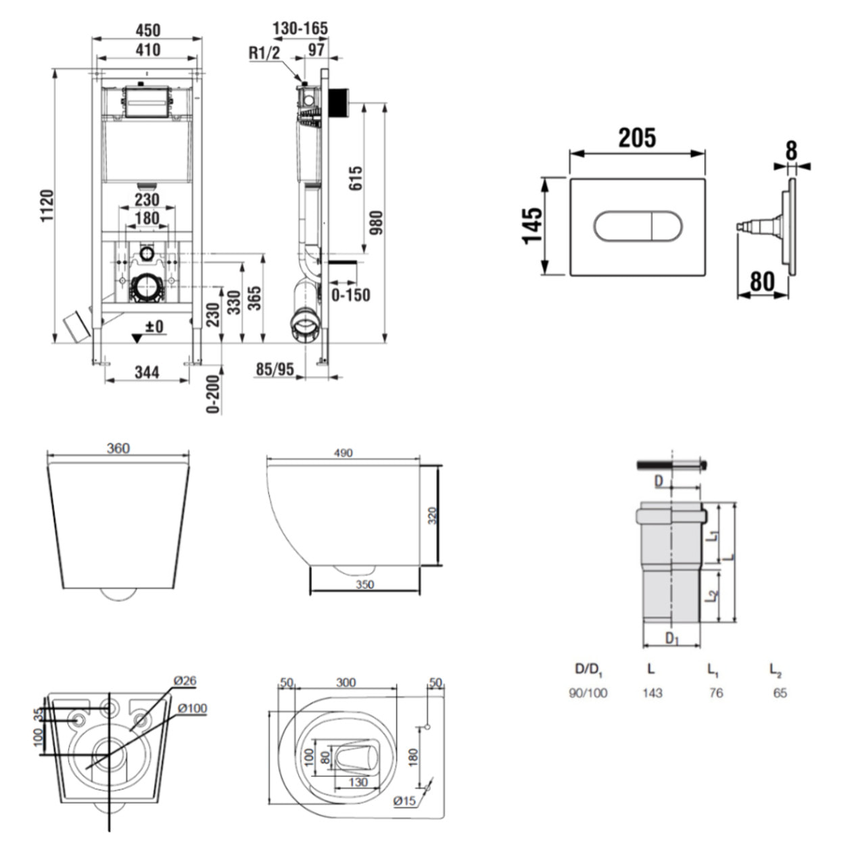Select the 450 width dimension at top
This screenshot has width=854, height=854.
coord(147,30)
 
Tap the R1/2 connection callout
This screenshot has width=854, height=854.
coord(264,53)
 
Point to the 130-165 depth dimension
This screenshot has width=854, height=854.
coord(300,28)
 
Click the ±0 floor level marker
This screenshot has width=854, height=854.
coord(155,327)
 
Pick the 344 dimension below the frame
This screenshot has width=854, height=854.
coord(147,372)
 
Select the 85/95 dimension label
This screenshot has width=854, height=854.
coord(275,370)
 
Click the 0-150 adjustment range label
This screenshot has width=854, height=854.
coord(350,295)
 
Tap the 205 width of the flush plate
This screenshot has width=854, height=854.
coord(637,138)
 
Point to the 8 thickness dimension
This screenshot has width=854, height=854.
coord(791,150)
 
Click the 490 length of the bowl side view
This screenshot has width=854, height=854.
coord(343,453)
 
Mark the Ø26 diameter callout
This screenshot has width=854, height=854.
coord(184,680)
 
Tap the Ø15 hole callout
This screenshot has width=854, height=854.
coord(404,801)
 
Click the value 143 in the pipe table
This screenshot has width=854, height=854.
coord(652,693)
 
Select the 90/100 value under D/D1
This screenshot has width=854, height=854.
coord(588,693)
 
